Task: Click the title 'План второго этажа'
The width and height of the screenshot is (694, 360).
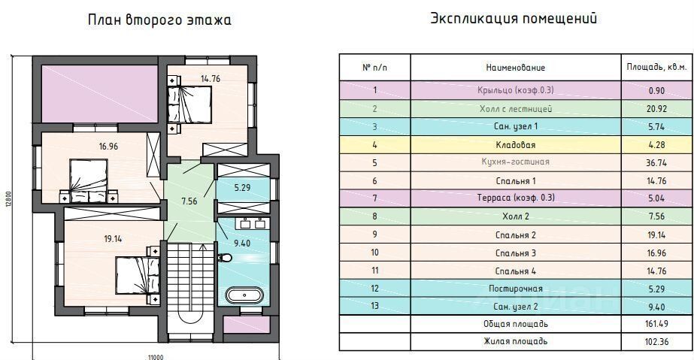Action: (159, 20)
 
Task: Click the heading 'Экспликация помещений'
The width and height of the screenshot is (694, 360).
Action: (514, 19)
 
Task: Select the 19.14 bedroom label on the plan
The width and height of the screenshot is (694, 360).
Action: (113, 239)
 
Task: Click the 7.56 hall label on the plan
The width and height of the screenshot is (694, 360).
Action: (190, 201)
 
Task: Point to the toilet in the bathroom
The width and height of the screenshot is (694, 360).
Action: (225, 258)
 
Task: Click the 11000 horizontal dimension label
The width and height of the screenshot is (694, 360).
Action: (154, 356)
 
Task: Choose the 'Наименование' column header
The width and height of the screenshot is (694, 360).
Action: (515, 68)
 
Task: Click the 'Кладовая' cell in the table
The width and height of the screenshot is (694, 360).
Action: (515, 144)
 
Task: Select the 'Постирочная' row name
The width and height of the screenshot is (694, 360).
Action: (515, 288)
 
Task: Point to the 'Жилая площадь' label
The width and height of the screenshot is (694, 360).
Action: (515, 342)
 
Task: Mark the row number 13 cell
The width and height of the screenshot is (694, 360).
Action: (374, 306)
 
